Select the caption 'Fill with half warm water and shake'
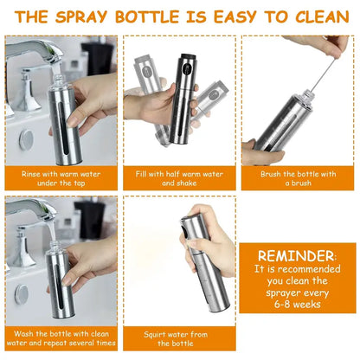pos(179,178)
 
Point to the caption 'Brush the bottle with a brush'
pos(298,178)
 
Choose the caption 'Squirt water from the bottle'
pos(179,337)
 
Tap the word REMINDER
pos(298,256)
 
